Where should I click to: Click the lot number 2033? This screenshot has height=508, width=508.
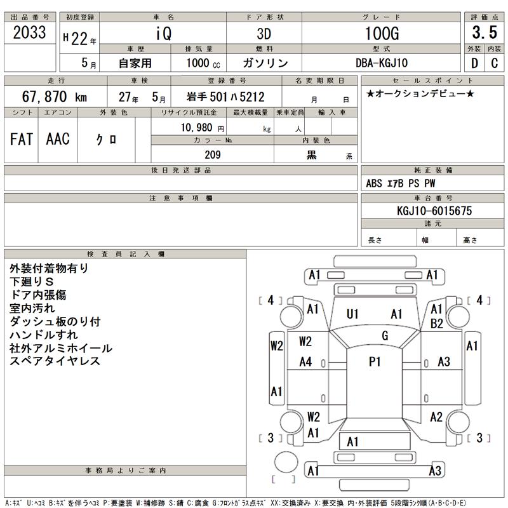tap(30, 34)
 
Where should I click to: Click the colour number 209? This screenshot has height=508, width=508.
tap(212, 155)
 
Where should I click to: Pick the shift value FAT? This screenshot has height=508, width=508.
tap(22, 139)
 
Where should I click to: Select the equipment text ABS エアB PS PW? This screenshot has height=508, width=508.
tap(401, 184)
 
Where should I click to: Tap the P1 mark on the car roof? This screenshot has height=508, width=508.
tap(375, 361)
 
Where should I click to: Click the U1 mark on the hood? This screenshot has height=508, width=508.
tap(353, 313)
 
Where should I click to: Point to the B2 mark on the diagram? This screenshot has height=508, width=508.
tap(436, 323)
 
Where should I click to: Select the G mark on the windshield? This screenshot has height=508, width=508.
tap(385, 335)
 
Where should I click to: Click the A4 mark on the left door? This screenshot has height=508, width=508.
tap(305, 362)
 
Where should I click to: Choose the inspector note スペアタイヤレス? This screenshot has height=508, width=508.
tap(55, 361)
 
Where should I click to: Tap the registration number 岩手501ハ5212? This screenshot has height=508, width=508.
tap(225, 97)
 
